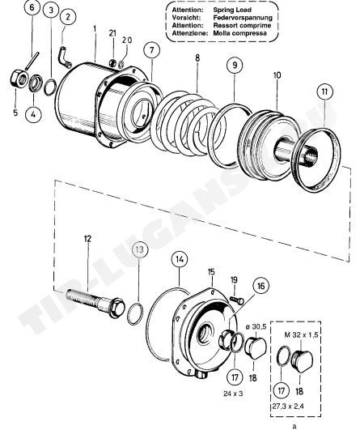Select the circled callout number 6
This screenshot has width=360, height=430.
(32, 7)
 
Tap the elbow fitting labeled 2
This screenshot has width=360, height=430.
(66, 57)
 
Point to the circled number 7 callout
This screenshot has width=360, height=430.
(152, 50)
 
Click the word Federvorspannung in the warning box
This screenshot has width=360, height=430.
(243, 18)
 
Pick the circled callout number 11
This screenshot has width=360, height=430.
(324, 92)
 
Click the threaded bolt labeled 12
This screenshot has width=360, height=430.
(95, 303)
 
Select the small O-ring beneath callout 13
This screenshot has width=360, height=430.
(135, 313)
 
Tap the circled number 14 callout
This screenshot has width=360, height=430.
(180, 259)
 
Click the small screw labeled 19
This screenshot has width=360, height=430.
(237, 300)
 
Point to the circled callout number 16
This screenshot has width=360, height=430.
(260, 286)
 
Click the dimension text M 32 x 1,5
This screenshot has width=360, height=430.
(301, 334)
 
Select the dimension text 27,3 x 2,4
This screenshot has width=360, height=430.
(288, 407)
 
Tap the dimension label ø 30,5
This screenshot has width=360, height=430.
(256, 326)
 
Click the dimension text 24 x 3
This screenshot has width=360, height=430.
(233, 394)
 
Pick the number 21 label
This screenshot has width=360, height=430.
(112, 33)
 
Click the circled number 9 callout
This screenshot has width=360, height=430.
(235, 66)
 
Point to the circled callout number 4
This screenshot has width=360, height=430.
(33, 114)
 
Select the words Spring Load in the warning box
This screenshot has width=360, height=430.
(232, 10)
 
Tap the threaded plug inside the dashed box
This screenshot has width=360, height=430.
(303, 360)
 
